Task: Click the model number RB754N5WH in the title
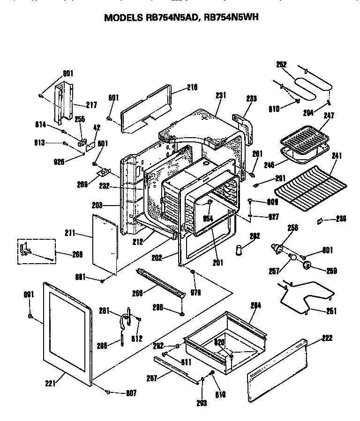[232, 17]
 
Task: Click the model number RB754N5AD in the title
[170, 17]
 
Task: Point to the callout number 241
[337, 156]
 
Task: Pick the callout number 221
[51, 383]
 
